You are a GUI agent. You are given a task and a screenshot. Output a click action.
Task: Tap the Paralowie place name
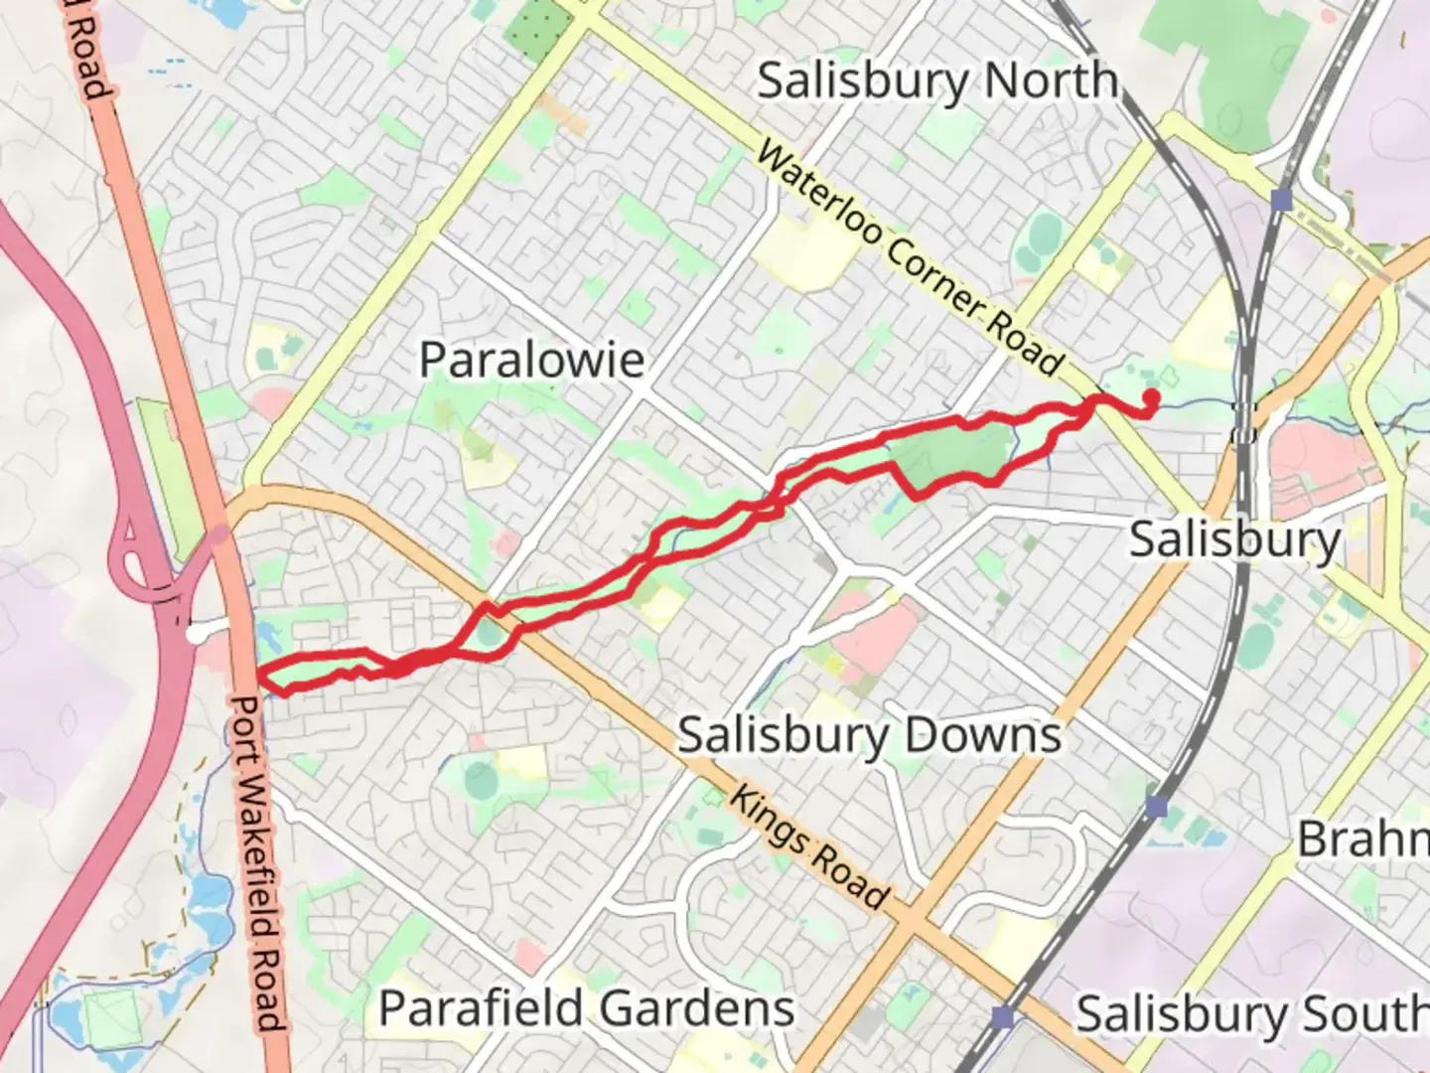531,359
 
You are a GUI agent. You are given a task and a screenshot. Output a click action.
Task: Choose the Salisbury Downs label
869,736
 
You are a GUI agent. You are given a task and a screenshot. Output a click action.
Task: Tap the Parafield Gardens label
587,1008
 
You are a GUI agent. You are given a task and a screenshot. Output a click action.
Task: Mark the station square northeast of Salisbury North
1281,201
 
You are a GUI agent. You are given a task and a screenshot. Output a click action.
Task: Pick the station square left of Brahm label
1155,806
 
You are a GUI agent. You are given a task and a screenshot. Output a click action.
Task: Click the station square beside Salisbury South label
1003,1016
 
